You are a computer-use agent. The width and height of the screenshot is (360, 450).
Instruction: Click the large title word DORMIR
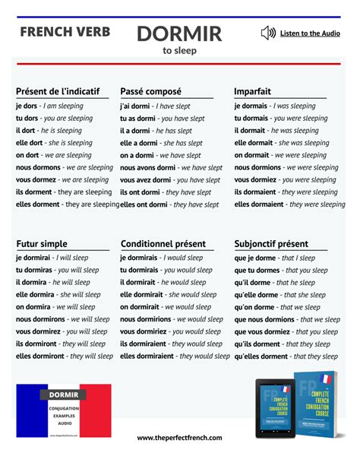click(x=179, y=33)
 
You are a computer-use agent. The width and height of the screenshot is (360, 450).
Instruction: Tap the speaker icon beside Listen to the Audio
click(x=267, y=33)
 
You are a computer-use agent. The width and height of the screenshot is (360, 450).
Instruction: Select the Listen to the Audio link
click(x=310, y=33)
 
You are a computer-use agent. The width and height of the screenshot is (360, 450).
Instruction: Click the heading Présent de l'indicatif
click(x=58, y=91)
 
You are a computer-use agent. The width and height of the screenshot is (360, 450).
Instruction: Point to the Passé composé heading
click(x=152, y=91)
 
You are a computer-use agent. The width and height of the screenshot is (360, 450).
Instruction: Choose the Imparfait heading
click(x=253, y=91)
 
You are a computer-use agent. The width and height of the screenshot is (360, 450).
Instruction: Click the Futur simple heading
click(x=42, y=244)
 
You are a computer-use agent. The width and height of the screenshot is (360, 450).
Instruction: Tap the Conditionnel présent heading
click(x=163, y=244)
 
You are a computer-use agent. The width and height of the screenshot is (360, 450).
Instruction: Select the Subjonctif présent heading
click(x=271, y=244)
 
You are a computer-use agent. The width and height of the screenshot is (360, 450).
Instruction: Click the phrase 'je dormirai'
click(x=33, y=258)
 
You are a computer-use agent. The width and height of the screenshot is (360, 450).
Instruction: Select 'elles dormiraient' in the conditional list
click(x=154, y=356)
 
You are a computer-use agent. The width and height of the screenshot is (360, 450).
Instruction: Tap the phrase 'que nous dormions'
click(x=264, y=319)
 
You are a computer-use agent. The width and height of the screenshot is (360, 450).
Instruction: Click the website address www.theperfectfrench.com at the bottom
click(x=179, y=438)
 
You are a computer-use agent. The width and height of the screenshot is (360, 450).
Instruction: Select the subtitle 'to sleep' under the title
click(x=179, y=51)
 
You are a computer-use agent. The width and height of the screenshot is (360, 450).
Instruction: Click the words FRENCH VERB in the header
click(x=65, y=32)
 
